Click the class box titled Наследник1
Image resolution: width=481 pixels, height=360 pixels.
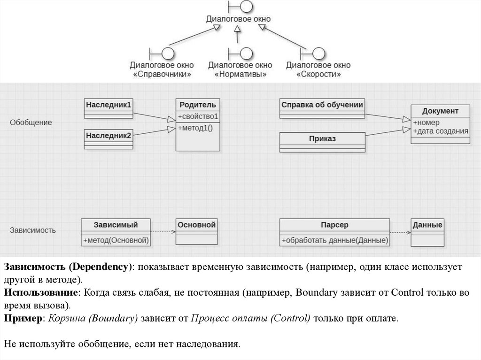(108, 104)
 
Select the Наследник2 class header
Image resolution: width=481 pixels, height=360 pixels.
(108, 135)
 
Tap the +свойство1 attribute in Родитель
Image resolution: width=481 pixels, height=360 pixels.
(198, 116)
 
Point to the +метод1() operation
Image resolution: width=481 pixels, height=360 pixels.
(195, 128)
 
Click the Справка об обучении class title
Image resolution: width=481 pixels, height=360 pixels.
(322, 105)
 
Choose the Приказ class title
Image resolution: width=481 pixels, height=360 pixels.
(322, 138)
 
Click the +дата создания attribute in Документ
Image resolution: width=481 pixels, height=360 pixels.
(440, 131)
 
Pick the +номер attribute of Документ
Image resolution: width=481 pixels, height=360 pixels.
(426, 123)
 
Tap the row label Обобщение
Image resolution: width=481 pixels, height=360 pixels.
(31, 123)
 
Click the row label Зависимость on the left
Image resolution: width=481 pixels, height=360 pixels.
(33, 230)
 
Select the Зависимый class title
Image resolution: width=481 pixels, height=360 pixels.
(116, 225)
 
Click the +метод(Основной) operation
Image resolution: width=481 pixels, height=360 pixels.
(116, 240)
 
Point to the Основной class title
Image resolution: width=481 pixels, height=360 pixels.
(196, 225)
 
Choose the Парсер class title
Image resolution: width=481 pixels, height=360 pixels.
(334, 225)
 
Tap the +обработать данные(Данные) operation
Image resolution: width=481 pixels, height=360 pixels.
(334, 240)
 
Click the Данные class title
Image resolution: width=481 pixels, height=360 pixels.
(427, 225)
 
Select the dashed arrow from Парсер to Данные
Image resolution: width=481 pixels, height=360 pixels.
(400, 232)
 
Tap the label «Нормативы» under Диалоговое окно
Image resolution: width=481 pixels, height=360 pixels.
(240, 74)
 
